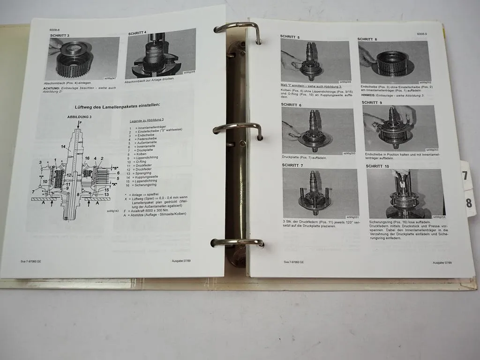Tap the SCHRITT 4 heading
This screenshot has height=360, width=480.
tap(137, 33)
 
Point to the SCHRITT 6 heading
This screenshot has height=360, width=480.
tap(291, 105)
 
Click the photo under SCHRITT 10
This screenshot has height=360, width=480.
tap(405, 194)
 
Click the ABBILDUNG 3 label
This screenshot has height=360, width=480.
tap(82, 117)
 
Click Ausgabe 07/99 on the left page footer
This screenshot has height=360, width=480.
tap(181, 261)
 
